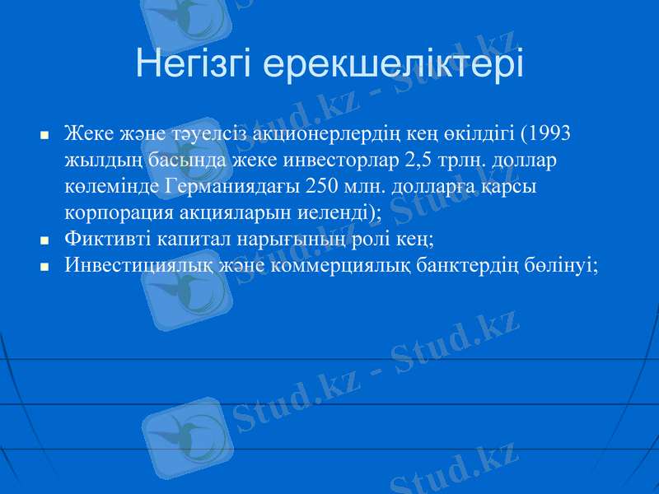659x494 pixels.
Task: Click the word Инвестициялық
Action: coord(139,265)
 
